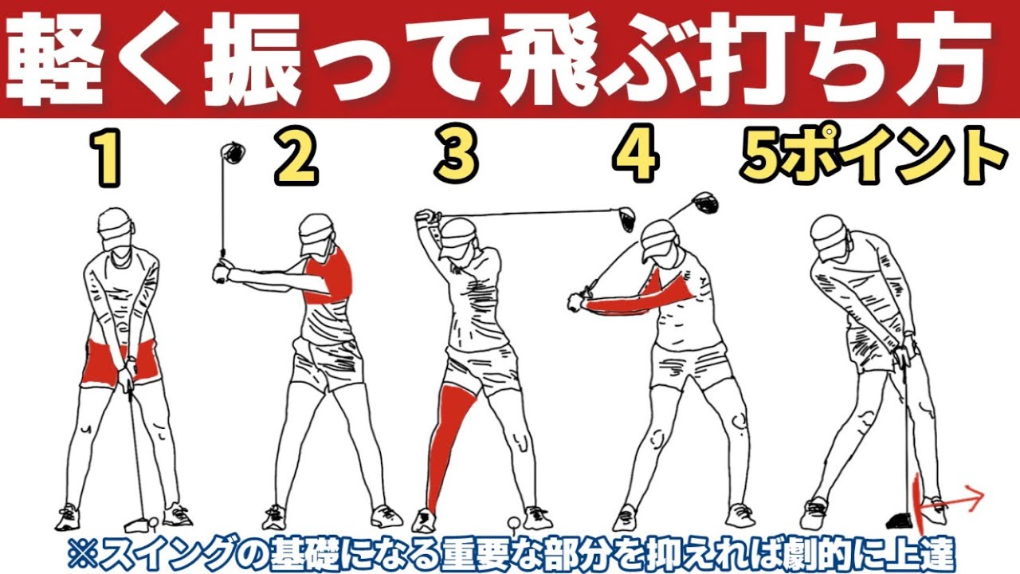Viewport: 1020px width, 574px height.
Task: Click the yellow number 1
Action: click(105, 158)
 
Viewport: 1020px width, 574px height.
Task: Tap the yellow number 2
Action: click(296, 158)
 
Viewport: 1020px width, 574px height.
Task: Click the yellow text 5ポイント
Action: click(870, 158)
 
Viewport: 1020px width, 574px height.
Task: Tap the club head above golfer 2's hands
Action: click(232, 151)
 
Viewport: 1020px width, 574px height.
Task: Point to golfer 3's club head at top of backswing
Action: click(623, 214)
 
